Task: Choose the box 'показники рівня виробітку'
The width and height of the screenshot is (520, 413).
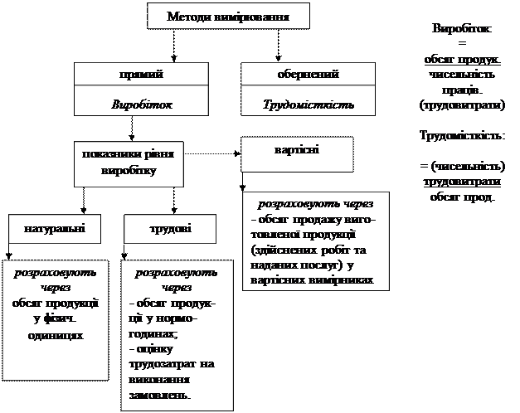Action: click(x=129, y=162)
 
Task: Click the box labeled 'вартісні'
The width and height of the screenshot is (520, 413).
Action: click(x=297, y=152)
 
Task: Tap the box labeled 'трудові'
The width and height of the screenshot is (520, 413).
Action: click(x=171, y=226)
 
